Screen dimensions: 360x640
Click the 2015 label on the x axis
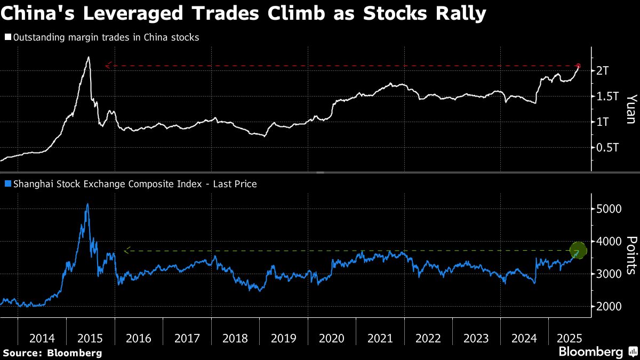(x=90, y=338)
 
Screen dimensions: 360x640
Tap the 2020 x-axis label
(x=332, y=338)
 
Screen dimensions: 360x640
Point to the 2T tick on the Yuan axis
(x=603, y=71)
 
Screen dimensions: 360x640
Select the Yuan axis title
(x=630, y=109)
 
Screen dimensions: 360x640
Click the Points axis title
(x=630, y=255)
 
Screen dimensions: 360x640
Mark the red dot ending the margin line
(x=578, y=66)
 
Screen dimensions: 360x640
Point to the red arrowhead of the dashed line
(x=108, y=66)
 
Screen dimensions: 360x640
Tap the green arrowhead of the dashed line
(x=126, y=250)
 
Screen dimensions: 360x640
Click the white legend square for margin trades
(x=7, y=37)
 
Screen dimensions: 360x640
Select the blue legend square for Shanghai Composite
(x=7, y=184)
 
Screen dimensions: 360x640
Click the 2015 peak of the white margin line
(x=88, y=58)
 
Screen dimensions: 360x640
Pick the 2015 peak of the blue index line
(x=87, y=204)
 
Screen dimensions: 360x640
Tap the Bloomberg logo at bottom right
(x=590, y=351)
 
